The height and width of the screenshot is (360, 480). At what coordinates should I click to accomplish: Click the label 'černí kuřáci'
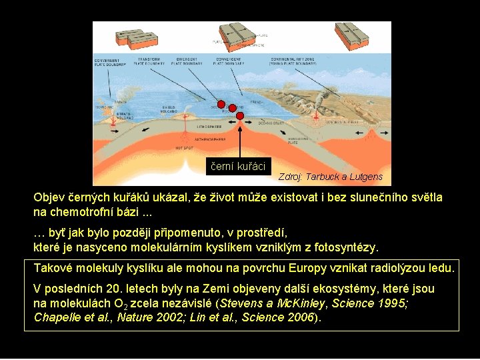coord(238,167)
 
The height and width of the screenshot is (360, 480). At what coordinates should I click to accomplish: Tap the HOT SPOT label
coord(184,147)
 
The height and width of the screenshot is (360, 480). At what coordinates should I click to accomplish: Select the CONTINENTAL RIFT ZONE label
coord(292,61)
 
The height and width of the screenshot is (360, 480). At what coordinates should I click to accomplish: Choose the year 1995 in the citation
coord(393,303)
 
